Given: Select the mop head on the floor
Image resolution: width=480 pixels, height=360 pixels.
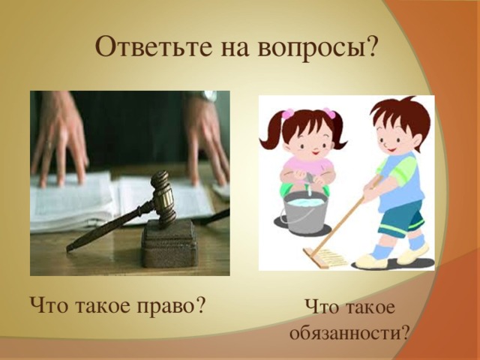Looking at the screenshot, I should [328, 259].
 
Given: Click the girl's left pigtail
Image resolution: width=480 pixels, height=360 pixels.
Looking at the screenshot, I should [271, 131].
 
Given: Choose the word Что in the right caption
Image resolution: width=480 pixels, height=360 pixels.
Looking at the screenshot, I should [322, 308].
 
